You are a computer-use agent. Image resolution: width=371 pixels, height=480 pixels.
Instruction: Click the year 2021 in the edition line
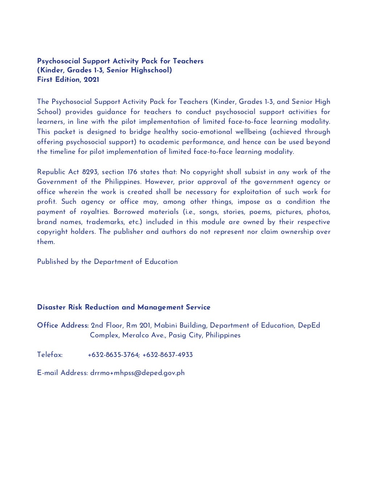pyautogui.click(x=91, y=80)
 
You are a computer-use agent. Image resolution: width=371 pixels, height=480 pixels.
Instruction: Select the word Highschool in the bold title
pyautogui.click(x=151, y=70)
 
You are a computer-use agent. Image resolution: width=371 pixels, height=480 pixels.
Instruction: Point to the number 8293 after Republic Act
pyautogui.click(x=89, y=172)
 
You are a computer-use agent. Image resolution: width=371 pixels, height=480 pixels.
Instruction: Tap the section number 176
pyautogui.click(x=132, y=172)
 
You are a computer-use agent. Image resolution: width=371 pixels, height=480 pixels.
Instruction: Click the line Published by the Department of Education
pyautogui.click(x=107, y=262)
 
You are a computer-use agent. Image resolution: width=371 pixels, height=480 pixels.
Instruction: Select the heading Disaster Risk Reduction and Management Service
pyautogui.click(x=124, y=307)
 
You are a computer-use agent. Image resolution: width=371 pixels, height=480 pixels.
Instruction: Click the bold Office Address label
pyautogui.click(x=62, y=325)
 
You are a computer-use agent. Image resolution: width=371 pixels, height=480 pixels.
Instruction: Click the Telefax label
pyautogui.click(x=50, y=355)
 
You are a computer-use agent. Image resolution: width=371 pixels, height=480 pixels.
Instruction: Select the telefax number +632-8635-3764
pyautogui.click(x=113, y=355)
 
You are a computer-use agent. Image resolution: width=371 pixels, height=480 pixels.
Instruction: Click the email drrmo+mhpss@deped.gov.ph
pyautogui.click(x=137, y=373)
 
